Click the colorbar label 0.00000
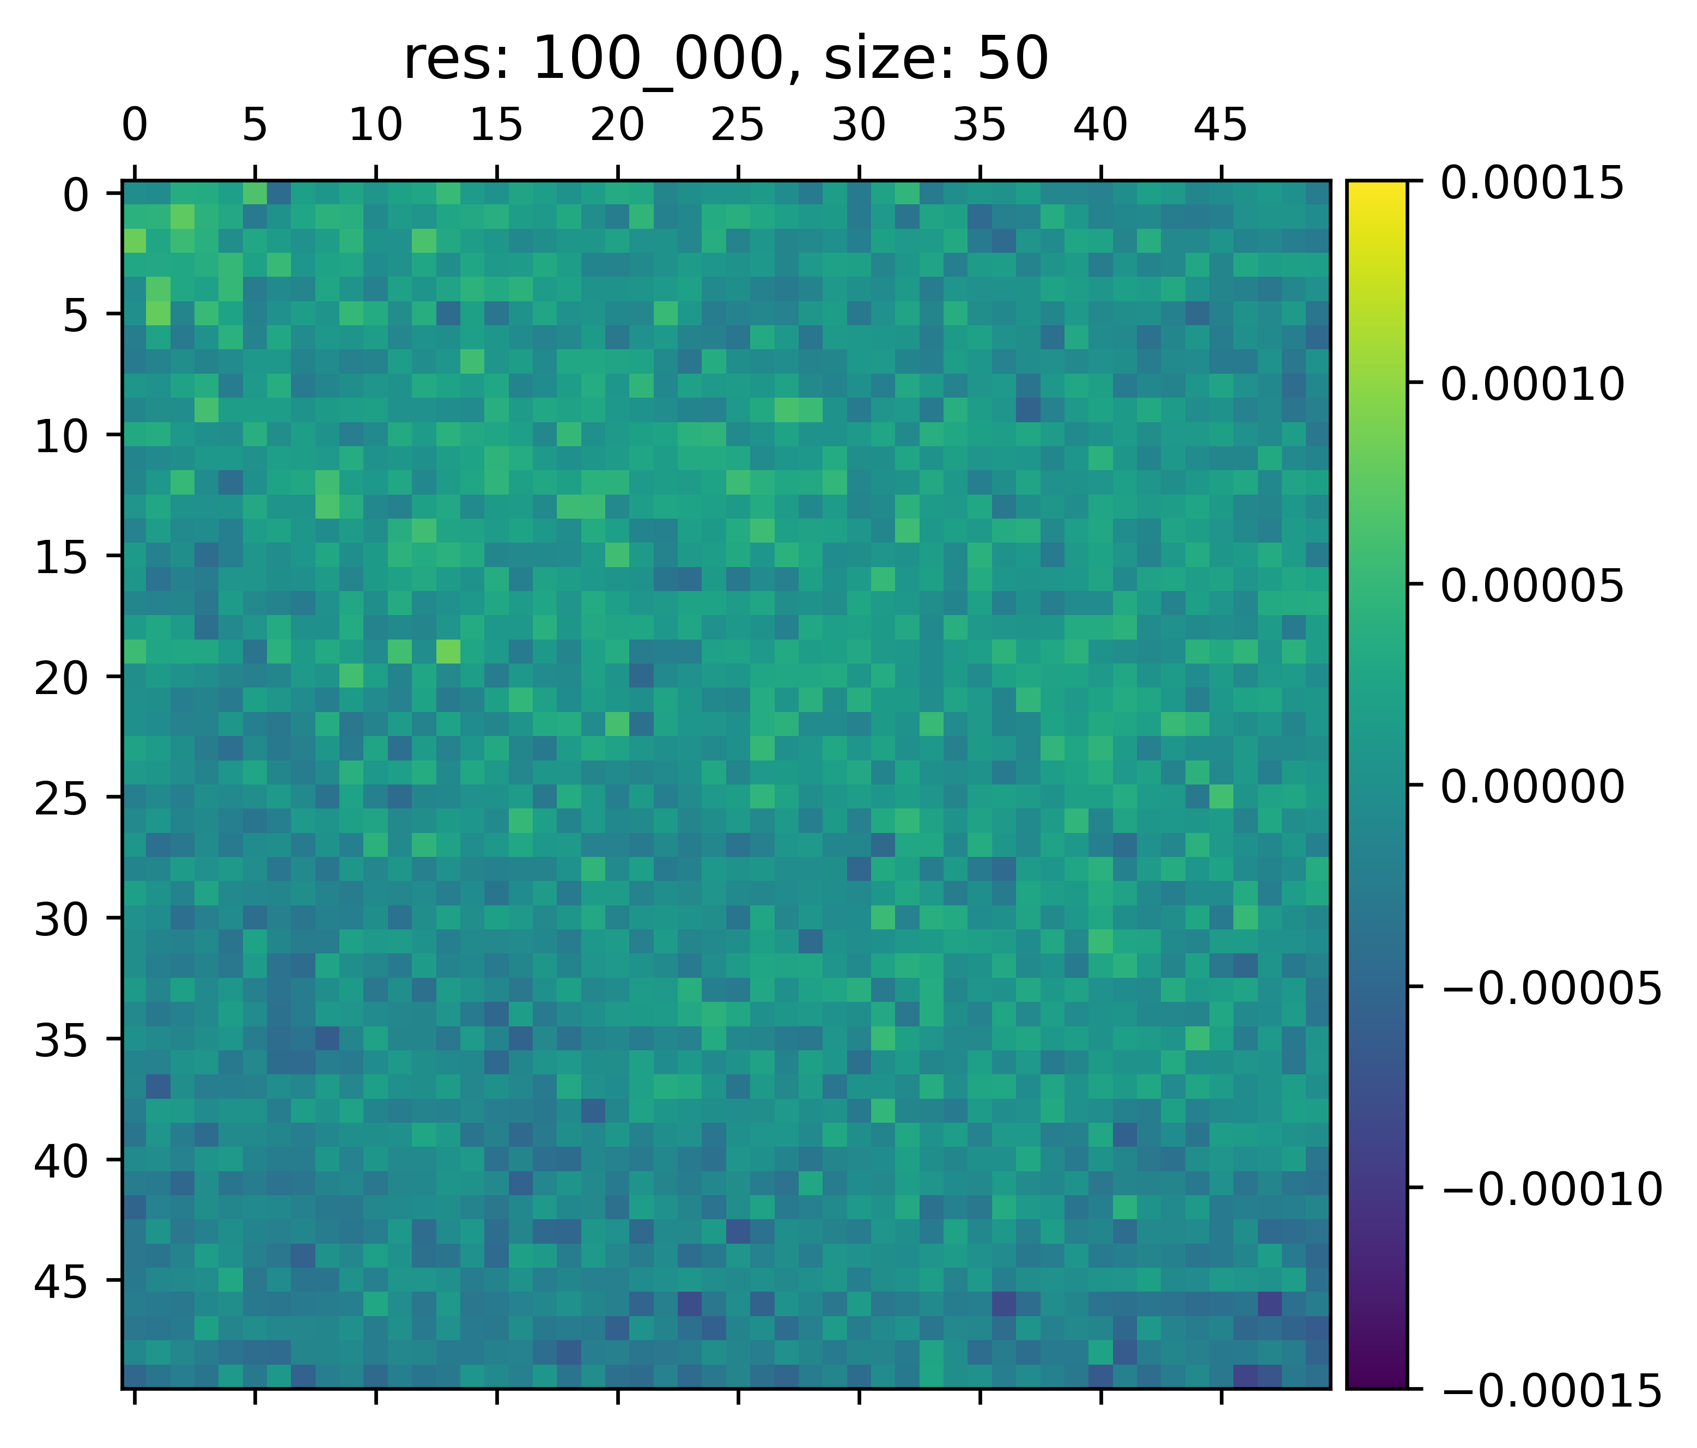pos(1531,787)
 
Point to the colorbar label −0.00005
pos(1550,989)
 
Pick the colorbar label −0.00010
pos(1550,1189)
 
